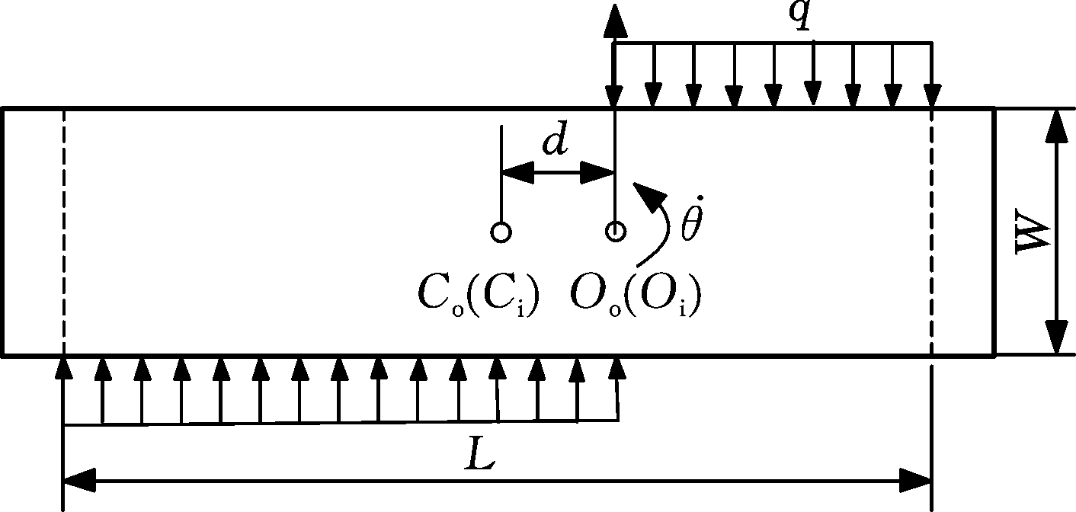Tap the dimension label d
[556, 139]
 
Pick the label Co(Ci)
[479, 299]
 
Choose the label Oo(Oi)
[635, 299]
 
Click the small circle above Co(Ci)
[501, 232]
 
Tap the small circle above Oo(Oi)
[615, 232]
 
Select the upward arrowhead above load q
[615, 20]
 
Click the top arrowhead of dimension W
[1057, 126]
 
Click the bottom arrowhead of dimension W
[1057, 338]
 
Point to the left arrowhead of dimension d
[518, 172]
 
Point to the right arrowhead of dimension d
[597, 172]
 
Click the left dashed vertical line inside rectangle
[63, 232]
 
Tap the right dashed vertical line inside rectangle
[932, 232]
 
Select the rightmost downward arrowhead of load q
[933, 96]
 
